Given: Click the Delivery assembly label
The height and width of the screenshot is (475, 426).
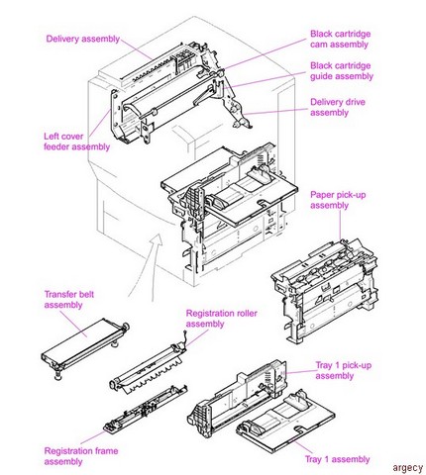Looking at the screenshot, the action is [x=82, y=39].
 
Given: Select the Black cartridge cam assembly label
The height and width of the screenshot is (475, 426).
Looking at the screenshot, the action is [x=340, y=39].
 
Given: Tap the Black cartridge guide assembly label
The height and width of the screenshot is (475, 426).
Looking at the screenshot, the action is [x=342, y=71].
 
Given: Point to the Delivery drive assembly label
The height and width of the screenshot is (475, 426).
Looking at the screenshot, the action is [x=338, y=107].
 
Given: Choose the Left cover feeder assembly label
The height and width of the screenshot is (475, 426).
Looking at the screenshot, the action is [x=76, y=142].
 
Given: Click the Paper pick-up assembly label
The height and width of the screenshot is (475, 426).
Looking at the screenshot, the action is [x=338, y=200].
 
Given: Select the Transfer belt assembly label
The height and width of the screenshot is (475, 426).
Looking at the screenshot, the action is [x=69, y=300].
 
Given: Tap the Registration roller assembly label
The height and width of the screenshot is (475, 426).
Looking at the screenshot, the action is [x=221, y=319].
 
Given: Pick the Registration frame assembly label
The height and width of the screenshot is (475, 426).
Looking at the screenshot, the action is [x=81, y=456].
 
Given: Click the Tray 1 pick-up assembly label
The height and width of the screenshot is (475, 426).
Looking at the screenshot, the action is [x=343, y=371].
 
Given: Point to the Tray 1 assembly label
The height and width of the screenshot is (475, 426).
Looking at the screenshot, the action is [x=337, y=459].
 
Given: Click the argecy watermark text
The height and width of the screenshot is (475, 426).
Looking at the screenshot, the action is [x=407, y=468].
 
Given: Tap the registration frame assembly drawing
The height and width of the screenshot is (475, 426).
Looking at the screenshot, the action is [x=146, y=409].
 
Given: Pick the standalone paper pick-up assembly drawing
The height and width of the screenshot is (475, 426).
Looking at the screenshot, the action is [x=324, y=290].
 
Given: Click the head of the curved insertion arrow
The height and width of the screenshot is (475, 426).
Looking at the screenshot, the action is [x=158, y=238].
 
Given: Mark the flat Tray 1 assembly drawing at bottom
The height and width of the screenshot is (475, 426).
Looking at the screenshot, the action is [x=285, y=424].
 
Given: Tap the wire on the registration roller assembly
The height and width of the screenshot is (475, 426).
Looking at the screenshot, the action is [x=186, y=338].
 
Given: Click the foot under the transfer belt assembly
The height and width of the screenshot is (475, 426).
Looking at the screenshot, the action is [x=57, y=376].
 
